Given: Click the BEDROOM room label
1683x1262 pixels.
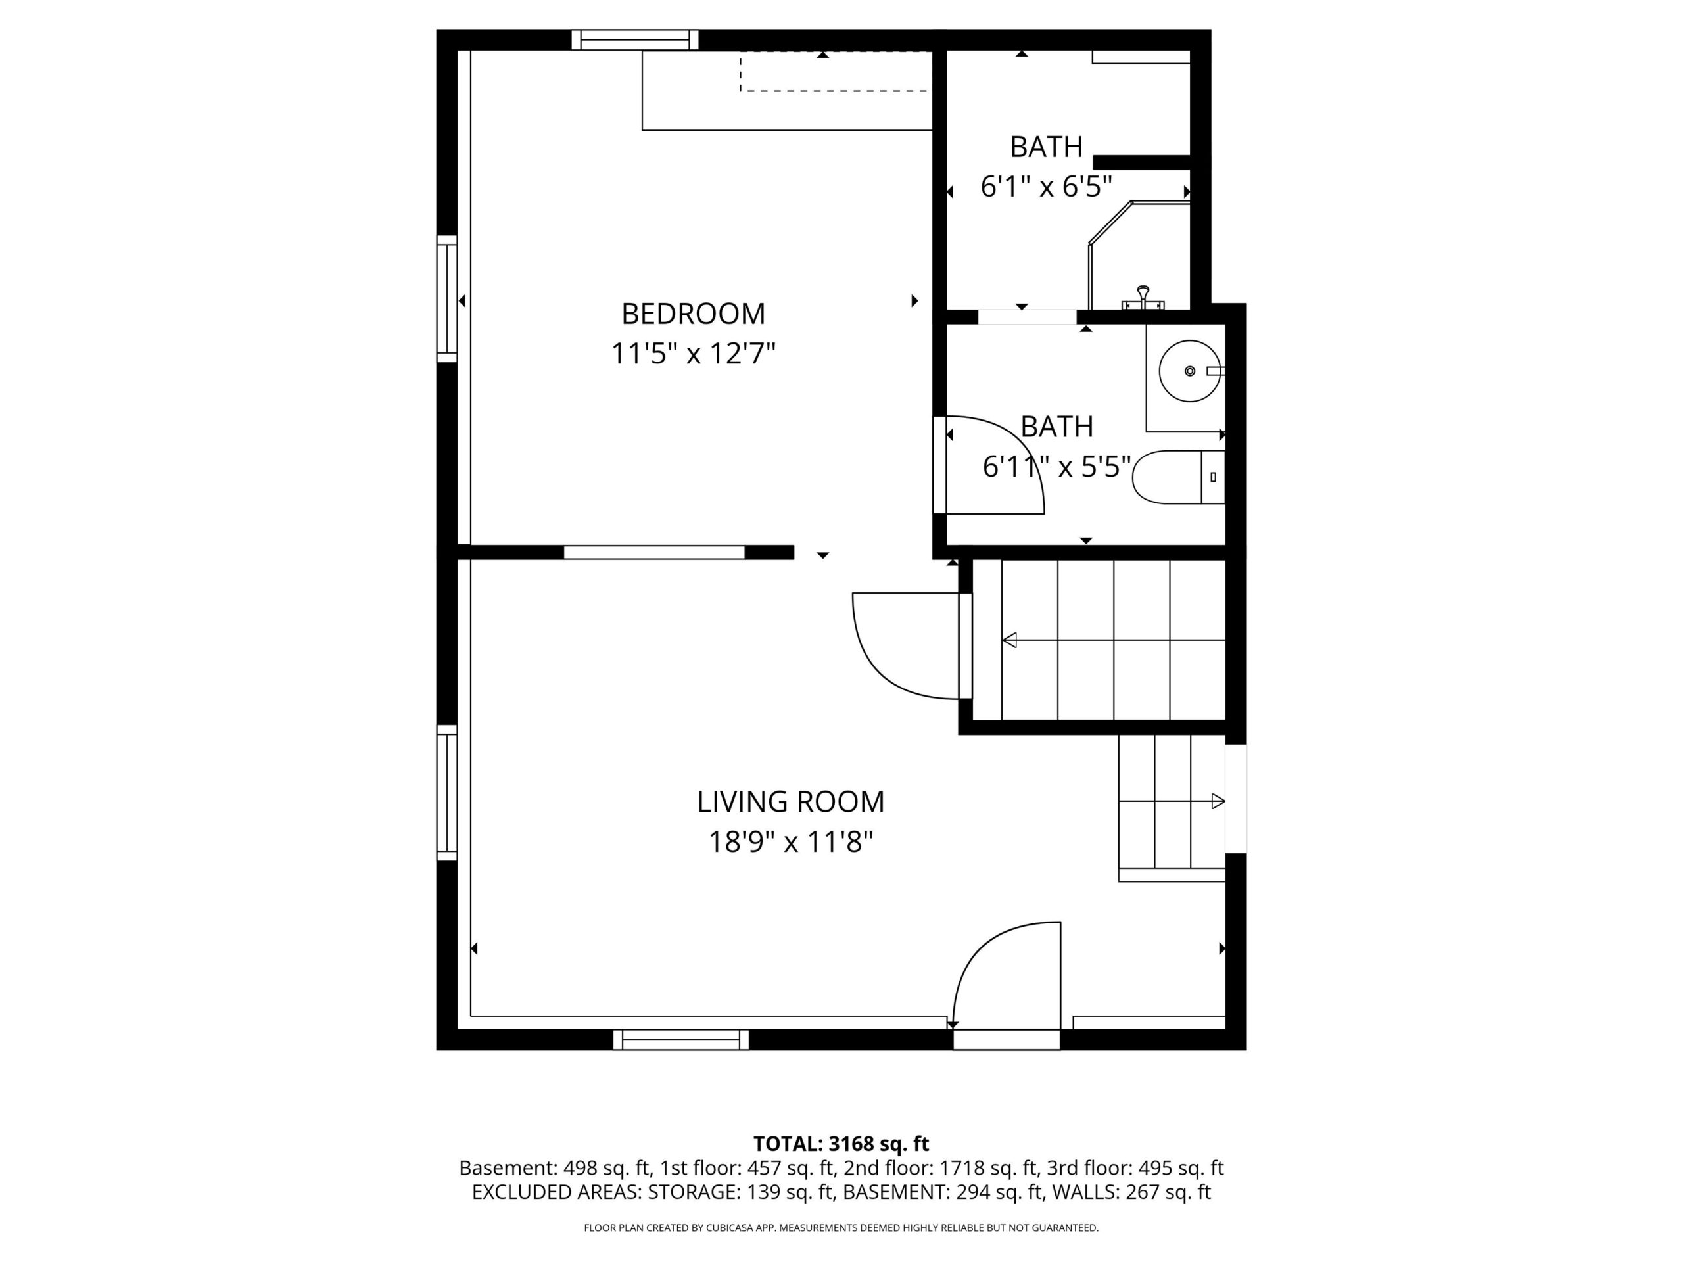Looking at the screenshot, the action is pyautogui.click(x=693, y=314).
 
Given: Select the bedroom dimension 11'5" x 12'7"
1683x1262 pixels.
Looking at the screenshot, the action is pyautogui.click(x=693, y=354).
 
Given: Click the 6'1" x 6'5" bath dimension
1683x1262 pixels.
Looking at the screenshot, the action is pyautogui.click(x=1046, y=187).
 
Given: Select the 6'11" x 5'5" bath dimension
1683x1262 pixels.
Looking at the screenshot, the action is pyautogui.click(x=1057, y=466).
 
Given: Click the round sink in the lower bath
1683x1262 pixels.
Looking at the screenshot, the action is pyautogui.click(x=1190, y=371).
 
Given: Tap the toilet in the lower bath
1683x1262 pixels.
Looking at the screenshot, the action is pyautogui.click(x=1179, y=477).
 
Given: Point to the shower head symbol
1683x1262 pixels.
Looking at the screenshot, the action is pyautogui.click(x=1143, y=298).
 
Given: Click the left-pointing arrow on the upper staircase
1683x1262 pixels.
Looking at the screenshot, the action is pyautogui.click(x=1010, y=640).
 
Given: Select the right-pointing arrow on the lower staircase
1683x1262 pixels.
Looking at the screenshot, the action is pyautogui.click(x=1218, y=801).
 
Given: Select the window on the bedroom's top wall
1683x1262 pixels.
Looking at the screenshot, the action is pyautogui.click(x=635, y=39).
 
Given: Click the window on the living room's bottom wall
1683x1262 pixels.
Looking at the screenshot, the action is pyautogui.click(x=681, y=1040).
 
